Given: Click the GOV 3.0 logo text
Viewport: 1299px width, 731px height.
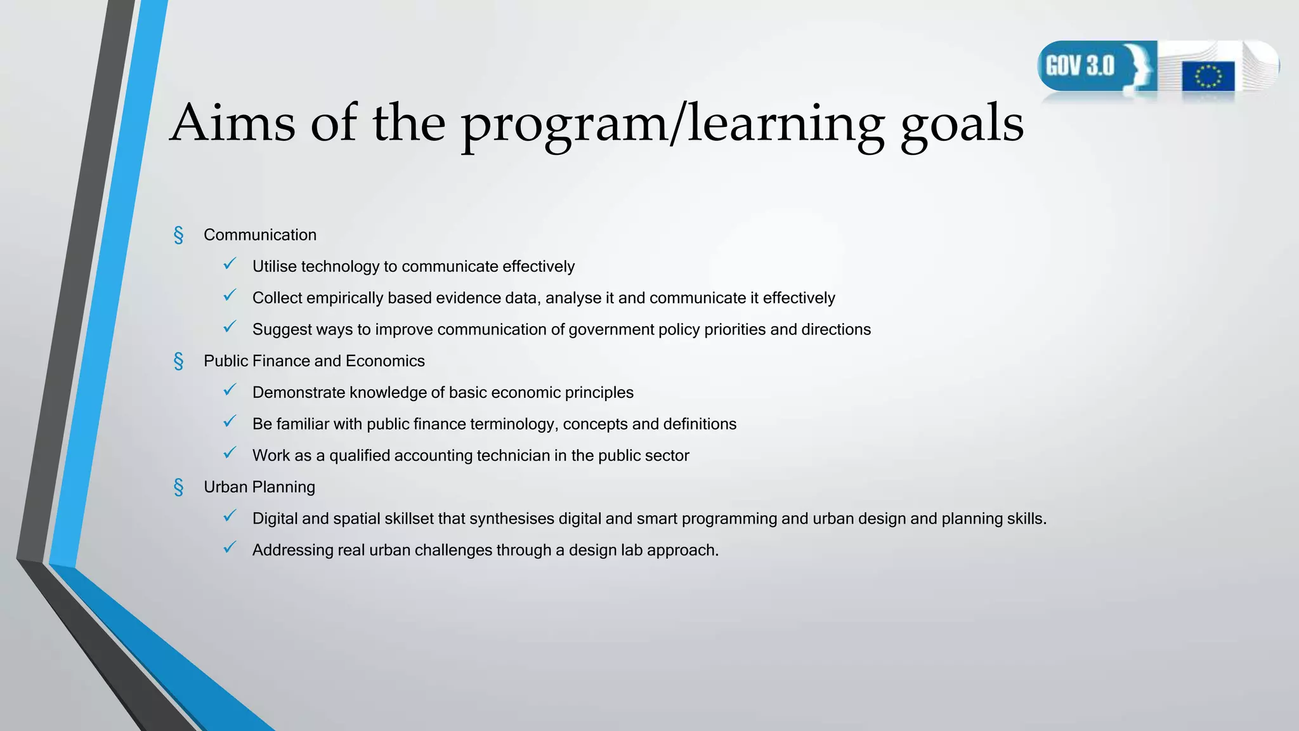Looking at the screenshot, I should (1080, 65).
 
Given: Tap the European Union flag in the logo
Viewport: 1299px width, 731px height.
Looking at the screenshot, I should (1208, 77).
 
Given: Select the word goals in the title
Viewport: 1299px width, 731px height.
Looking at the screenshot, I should (962, 124).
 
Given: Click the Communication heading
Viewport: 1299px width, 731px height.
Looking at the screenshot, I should (260, 235).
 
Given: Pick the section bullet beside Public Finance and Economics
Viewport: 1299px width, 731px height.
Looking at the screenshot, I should (179, 361).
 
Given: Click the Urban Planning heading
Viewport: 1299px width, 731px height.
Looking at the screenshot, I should (259, 487).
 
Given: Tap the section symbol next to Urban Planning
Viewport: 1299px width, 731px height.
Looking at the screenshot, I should (179, 487).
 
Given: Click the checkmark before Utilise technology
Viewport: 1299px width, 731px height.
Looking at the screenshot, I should (230, 264).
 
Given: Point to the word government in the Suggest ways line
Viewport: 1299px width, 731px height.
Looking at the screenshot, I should (617, 329).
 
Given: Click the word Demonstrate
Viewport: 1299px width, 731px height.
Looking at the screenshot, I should (299, 392).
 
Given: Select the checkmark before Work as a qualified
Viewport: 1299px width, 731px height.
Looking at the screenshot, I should (230, 453).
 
